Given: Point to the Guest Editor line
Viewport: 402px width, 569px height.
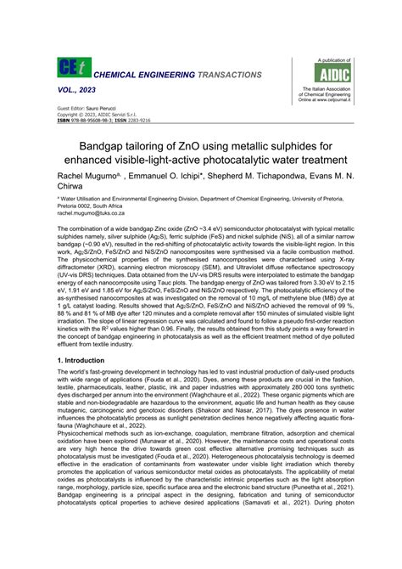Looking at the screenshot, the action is (x=87, y=110).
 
